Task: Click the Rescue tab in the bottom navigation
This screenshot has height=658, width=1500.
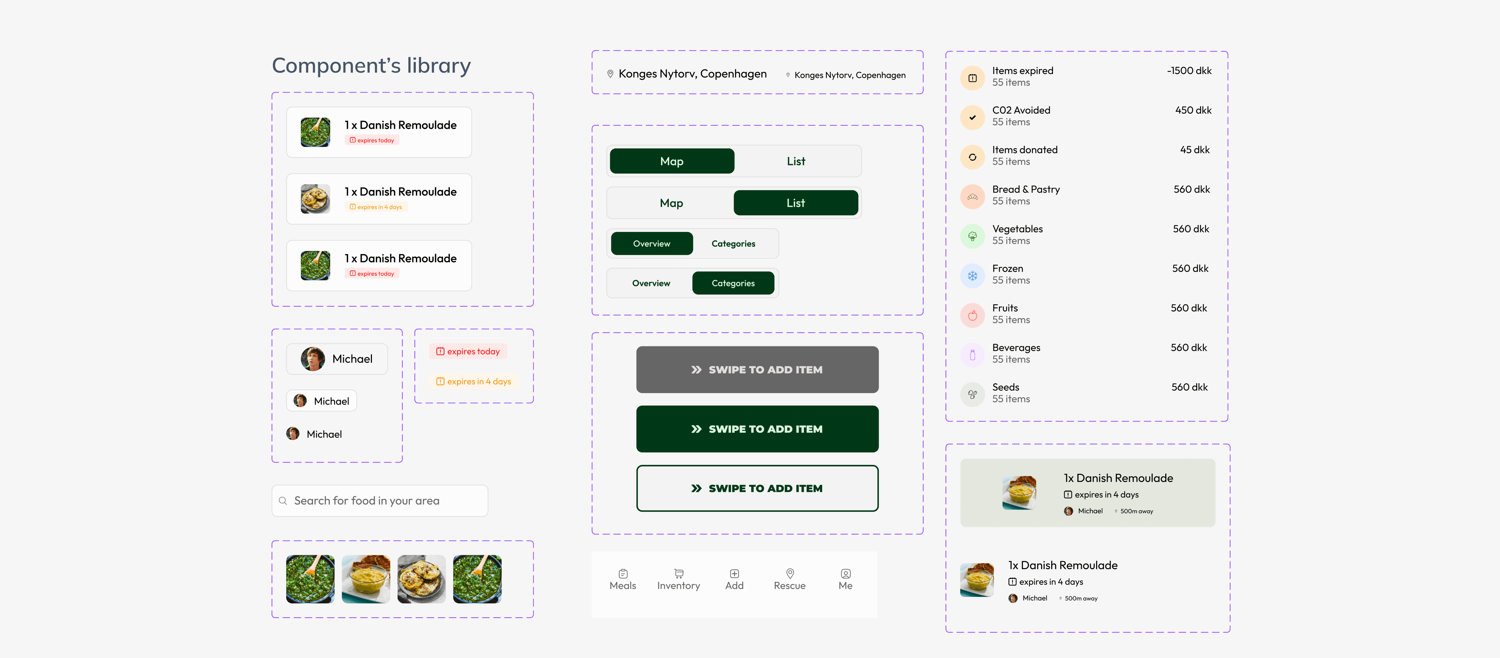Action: click(x=789, y=579)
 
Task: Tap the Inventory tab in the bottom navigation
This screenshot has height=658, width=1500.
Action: click(x=678, y=579)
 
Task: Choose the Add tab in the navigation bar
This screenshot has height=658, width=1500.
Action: click(x=734, y=579)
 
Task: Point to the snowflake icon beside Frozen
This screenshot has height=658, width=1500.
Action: click(x=972, y=275)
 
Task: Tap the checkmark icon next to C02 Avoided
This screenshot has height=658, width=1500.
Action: click(x=972, y=117)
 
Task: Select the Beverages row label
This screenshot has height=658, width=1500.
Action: click(x=1016, y=348)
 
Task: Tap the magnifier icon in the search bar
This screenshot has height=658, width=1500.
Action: click(x=283, y=501)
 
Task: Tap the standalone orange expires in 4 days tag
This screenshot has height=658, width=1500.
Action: click(x=473, y=382)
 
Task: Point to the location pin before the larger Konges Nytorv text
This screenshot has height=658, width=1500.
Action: click(x=610, y=74)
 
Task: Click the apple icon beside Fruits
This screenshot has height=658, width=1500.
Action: click(x=972, y=315)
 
